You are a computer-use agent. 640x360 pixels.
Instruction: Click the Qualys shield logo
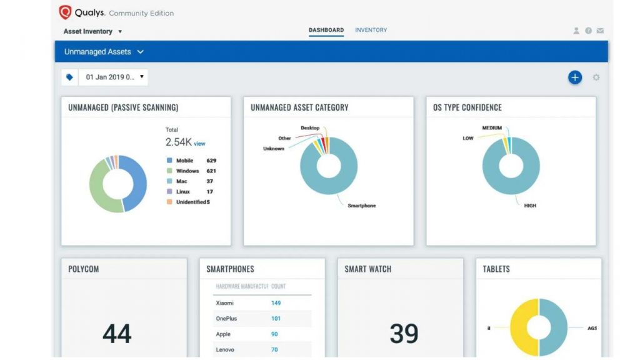coord(65,12)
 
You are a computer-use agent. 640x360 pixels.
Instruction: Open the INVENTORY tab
coord(371,30)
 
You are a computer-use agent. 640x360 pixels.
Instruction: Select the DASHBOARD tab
coord(326,30)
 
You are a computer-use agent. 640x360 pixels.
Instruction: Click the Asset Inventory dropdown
coord(92,31)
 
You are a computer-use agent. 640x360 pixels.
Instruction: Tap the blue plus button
coord(574,77)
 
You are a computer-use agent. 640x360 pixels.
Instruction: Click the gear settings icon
coord(596,77)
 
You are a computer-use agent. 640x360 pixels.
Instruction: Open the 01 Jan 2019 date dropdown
coord(112,77)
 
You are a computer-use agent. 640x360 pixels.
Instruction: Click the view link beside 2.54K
coord(199,144)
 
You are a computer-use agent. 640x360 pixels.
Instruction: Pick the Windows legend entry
coord(187,171)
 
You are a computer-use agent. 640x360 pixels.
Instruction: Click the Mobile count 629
coord(211,161)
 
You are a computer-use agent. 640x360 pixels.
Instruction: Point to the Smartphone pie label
coord(361,206)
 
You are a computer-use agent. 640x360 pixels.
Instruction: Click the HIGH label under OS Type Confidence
coord(530,206)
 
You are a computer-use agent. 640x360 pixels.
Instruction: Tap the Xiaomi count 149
coord(276,303)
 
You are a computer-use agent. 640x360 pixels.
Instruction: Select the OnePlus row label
coord(226,319)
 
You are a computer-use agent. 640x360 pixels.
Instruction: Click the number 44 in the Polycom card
coord(117,334)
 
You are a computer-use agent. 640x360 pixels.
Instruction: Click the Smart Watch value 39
coord(404,334)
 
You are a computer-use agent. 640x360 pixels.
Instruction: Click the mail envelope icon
coord(600,31)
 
